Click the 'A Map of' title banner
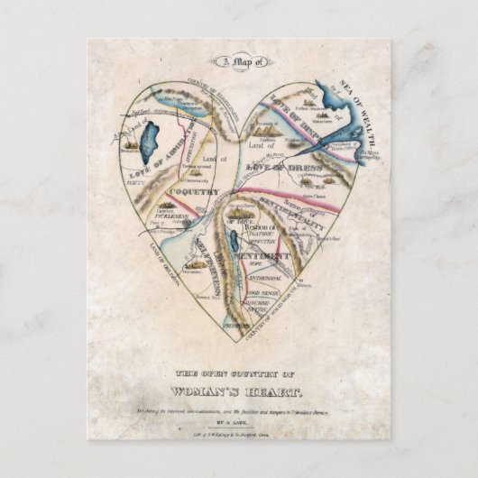pos(240,62)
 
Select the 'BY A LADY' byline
pos(238,420)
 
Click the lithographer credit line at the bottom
pos(238,435)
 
